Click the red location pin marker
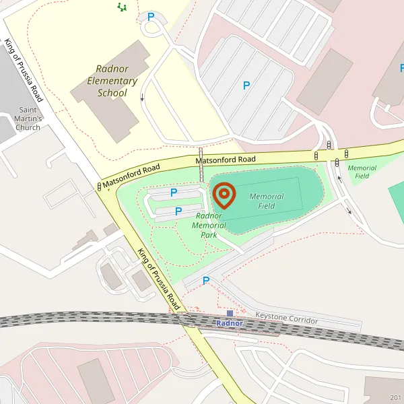pyautogui.click(x=224, y=195)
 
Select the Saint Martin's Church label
pyautogui.click(x=29, y=119)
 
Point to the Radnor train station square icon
pyautogui.click(x=230, y=314)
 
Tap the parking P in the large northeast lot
pyautogui.click(x=246, y=86)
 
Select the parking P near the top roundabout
pyautogui.click(x=151, y=17)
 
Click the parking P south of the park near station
pyautogui.click(x=206, y=280)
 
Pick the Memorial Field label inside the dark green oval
pyautogui.click(x=267, y=201)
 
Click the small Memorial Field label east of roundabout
pyautogui.click(x=362, y=172)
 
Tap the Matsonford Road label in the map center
pyautogui.click(x=226, y=160)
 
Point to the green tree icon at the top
pyautogui.click(x=121, y=7)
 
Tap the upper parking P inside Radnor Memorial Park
pyautogui.click(x=174, y=193)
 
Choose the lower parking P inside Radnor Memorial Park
pyautogui.click(x=178, y=211)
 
